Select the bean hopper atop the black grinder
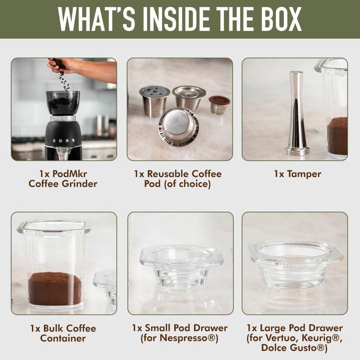coord(62,102)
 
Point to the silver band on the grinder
coord(62,118)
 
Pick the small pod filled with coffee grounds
coord(219,104)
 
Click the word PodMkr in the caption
coord(69,174)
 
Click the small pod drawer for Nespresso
coord(181,268)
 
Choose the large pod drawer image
coord(296,264)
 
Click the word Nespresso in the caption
coord(188,337)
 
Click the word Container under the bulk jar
coord(63,338)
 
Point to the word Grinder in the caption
coord(79,183)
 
